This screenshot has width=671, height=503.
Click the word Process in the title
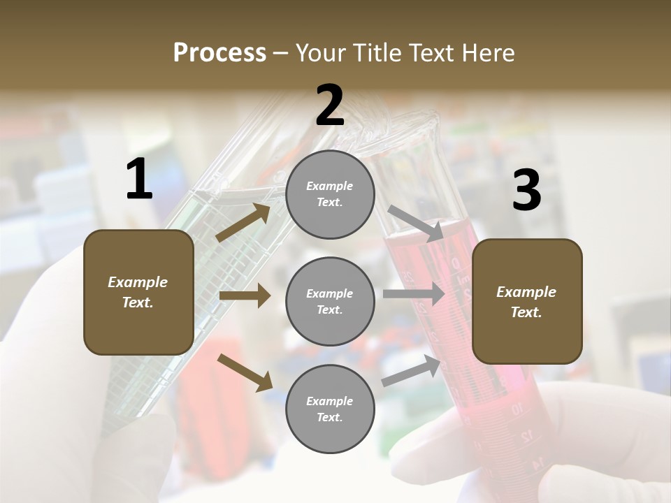[219, 53]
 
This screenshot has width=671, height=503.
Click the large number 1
[139, 180]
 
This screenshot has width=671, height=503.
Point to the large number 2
[330, 105]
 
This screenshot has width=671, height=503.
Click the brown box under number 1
[138, 292]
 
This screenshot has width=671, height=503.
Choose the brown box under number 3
[527, 301]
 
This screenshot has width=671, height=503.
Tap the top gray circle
[330, 194]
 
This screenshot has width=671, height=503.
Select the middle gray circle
[330, 301]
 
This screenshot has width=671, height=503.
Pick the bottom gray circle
[330, 409]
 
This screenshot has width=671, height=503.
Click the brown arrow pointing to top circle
[243, 223]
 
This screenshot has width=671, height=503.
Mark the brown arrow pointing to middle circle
[245, 296]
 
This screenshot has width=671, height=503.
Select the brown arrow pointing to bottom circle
[245, 372]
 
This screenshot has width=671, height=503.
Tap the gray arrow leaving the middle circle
[413, 294]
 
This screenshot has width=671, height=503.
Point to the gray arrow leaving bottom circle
[411, 371]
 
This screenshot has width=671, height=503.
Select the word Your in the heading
[320, 53]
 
